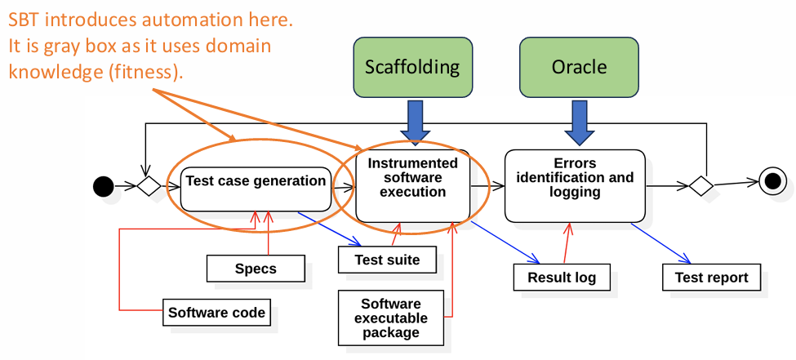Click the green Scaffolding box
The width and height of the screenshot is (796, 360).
pyautogui.click(x=412, y=67)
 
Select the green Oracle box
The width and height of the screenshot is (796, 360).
pyautogui.click(x=579, y=67)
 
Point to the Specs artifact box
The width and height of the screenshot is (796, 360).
pyautogui.click(x=256, y=269)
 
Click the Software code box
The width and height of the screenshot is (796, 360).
pyautogui.click(x=216, y=313)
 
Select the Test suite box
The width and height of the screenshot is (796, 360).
pyautogui.click(x=387, y=260)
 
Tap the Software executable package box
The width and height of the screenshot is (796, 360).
pyautogui.click(x=391, y=318)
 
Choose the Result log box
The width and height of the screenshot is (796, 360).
pyautogui.click(x=562, y=278)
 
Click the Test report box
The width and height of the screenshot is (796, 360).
pyautogui.click(x=711, y=278)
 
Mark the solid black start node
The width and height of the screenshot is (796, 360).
pyautogui.click(x=103, y=187)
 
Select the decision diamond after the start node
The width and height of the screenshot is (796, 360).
pyautogui.click(x=148, y=187)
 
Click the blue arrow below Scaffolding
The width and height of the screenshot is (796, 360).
pyautogui.click(x=415, y=121)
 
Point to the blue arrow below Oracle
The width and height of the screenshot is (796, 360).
pyautogui.click(x=579, y=121)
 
